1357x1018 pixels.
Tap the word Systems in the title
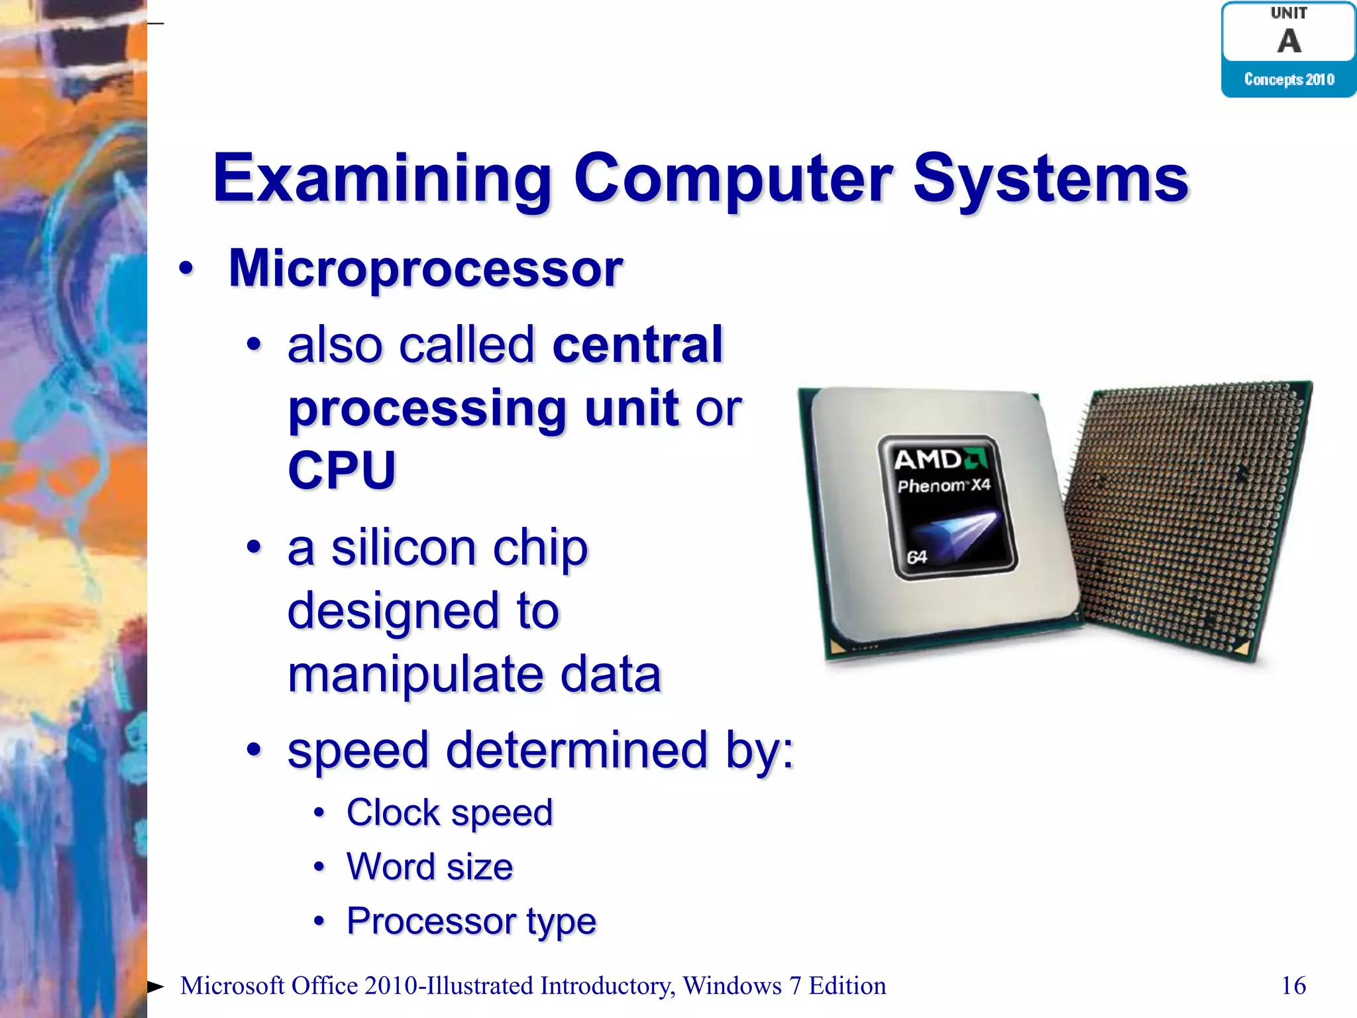tap(1051, 179)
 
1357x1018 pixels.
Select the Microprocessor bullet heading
tap(425, 268)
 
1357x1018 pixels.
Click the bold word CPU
tap(342, 470)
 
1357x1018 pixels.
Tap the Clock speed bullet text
tap(449, 813)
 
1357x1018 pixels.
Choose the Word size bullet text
tap(429, 867)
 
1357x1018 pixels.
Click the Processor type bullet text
tap(471, 921)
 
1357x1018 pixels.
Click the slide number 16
tap(1293, 986)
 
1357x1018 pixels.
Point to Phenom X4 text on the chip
tap(944, 486)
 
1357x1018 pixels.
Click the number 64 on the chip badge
tap(916, 557)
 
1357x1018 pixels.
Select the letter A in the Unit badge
tap(1289, 41)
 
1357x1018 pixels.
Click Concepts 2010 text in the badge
tap(1289, 80)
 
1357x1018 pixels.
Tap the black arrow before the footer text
tap(155, 987)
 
